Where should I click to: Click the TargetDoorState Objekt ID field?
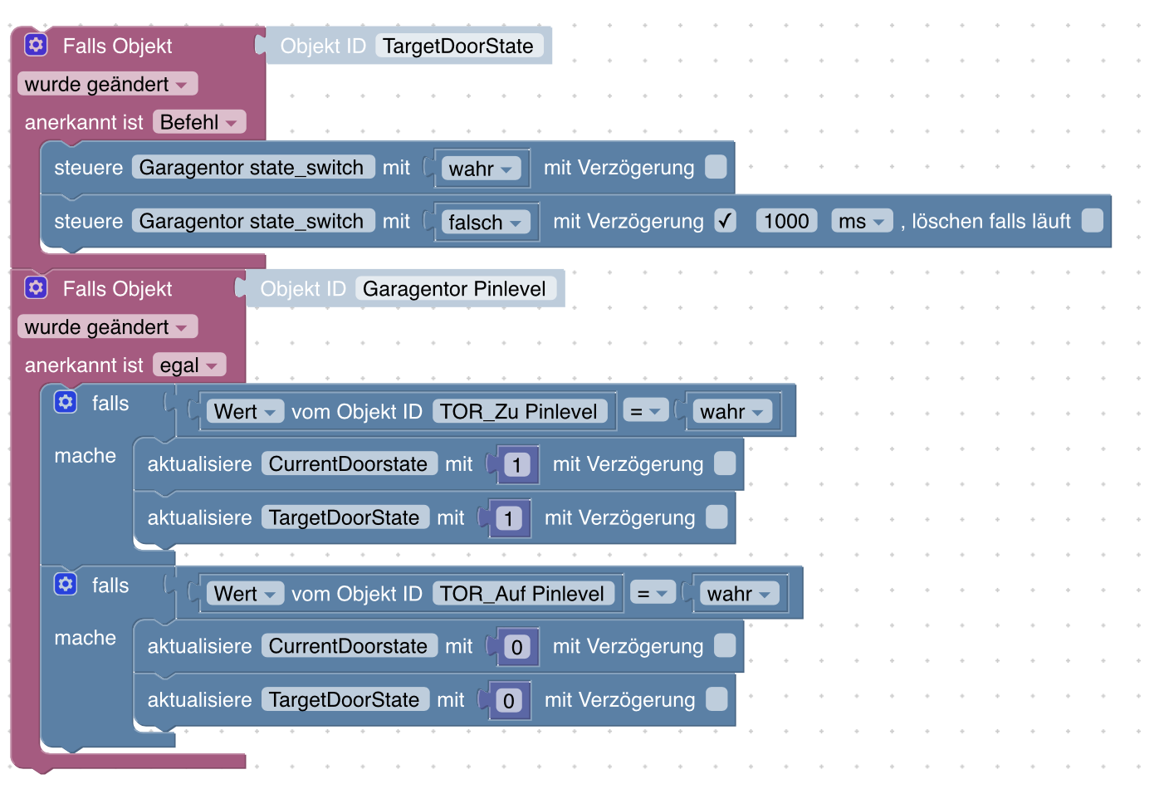click(x=458, y=46)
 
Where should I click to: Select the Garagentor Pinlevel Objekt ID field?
click(x=454, y=288)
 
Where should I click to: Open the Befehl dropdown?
click(x=199, y=122)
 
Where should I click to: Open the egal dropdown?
click(x=189, y=365)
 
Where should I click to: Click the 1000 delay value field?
click(x=785, y=221)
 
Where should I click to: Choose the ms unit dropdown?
click(x=861, y=221)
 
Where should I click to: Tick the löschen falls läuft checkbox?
click(x=1093, y=220)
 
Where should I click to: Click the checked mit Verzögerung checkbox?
click(x=725, y=220)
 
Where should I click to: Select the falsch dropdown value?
click(x=485, y=223)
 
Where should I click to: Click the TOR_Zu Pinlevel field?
click(x=518, y=411)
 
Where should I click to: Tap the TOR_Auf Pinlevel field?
click(x=521, y=593)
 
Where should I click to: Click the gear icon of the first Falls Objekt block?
click(x=36, y=45)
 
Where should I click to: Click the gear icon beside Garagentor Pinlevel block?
click(x=36, y=287)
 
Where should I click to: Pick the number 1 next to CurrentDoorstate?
click(x=516, y=464)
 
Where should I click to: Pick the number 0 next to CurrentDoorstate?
click(x=516, y=646)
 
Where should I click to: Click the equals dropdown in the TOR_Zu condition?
click(x=645, y=411)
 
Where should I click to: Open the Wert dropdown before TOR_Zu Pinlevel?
click(x=245, y=411)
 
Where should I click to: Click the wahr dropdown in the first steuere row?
click(x=481, y=169)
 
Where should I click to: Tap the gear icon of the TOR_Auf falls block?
click(x=66, y=585)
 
